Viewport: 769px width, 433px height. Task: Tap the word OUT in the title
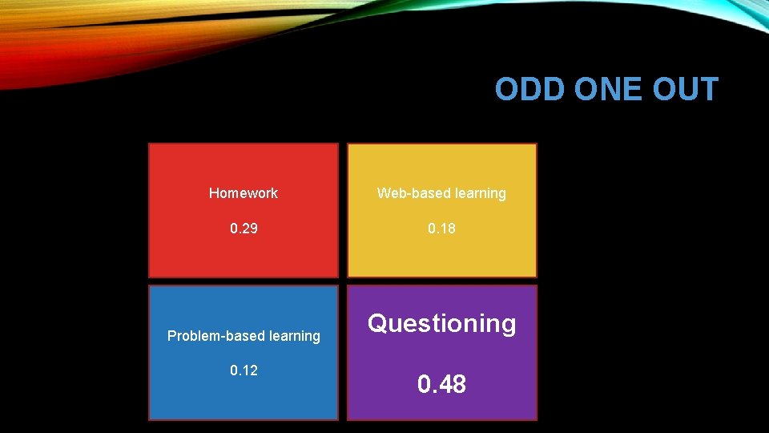pyautogui.click(x=686, y=89)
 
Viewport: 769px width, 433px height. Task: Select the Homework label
pyautogui.click(x=244, y=193)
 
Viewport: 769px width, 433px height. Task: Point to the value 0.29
pyautogui.click(x=244, y=229)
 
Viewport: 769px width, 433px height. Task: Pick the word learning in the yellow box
pyautogui.click(x=479, y=194)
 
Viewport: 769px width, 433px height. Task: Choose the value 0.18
pyautogui.click(x=441, y=229)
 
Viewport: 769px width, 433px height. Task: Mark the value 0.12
pyautogui.click(x=244, y=370)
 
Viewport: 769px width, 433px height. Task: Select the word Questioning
pyautogui.click(x=441, y=324)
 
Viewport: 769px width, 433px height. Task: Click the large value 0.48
pyautogui.click(x=441, y=385)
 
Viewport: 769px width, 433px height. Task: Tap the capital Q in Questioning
pyautogui.click(x=378, y=323)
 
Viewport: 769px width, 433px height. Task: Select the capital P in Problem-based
pyautogui.click(x=171, y=336)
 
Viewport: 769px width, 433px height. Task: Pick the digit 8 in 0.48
pyautogui.click(x=459, y=385)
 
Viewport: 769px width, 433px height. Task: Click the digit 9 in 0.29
pyautogui.click(x=253, y=229)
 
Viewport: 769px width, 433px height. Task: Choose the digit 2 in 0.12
pyautogui.click(x=253, y=370)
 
